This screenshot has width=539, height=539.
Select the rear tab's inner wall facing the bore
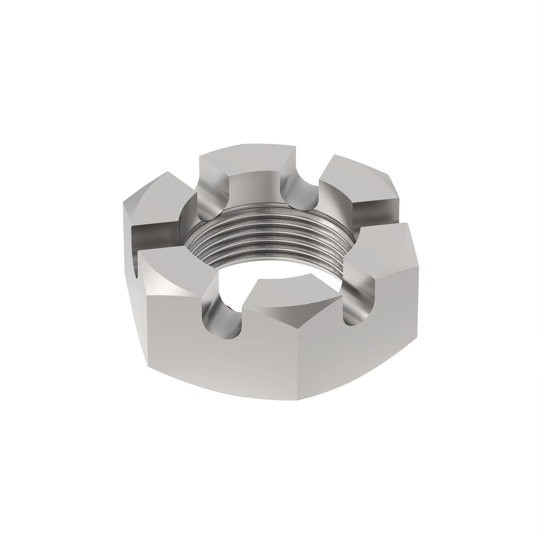click(x=252, y=189)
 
